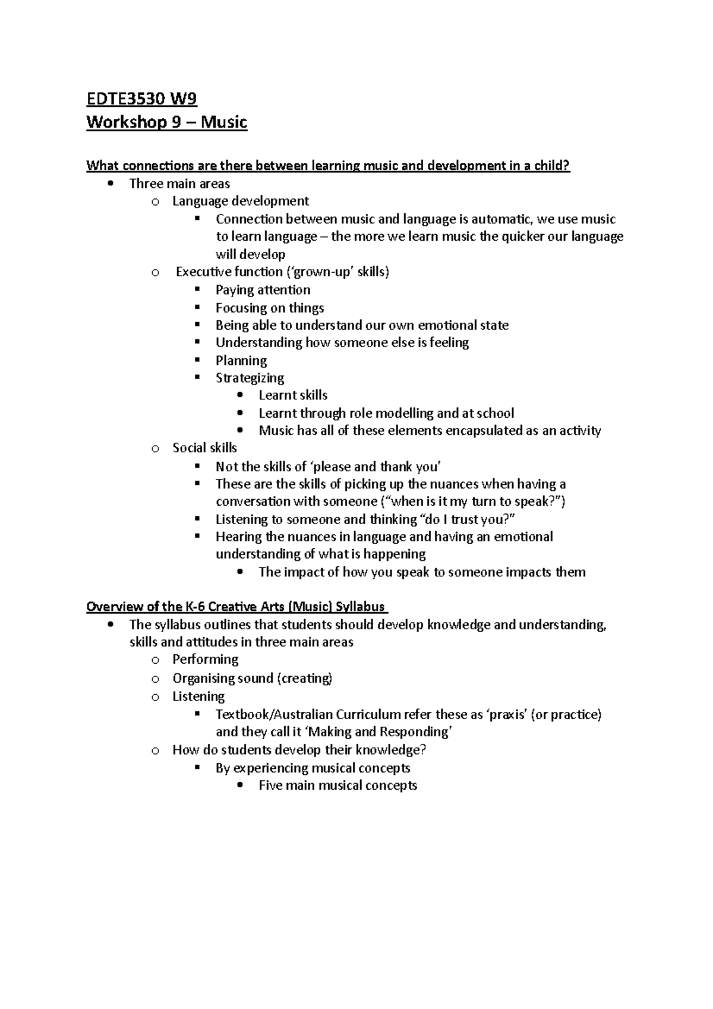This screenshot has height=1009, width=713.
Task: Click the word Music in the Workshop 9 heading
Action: [x=224, y=122]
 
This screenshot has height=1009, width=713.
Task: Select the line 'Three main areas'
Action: [x=179, y=184]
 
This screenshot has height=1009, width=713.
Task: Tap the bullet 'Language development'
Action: [x=240, y=201]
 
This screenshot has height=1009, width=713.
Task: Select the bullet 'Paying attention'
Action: [x=263, y=290]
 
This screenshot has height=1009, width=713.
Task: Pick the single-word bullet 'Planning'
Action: [x=241, y=360]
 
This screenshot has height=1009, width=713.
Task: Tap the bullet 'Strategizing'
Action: [x=250, y=378]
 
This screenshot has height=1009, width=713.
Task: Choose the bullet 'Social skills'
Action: [x=204, y=447]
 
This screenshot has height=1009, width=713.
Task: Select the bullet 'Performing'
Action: [x=205, y=659]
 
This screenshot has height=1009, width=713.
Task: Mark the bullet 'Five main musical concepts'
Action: [x=337, y=785]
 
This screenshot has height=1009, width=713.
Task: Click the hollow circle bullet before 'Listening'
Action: [x=155, y=697]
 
